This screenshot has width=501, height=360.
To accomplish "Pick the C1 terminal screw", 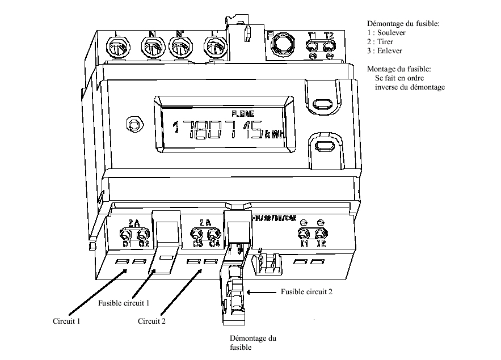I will tap(126, 234).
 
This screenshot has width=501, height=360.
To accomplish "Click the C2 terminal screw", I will tap(142, 234).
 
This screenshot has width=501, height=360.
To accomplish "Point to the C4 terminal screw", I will tap(213, 234).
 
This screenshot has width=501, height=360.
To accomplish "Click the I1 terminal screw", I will tap(305, 234).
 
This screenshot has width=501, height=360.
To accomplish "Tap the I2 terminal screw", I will tap(321, 234).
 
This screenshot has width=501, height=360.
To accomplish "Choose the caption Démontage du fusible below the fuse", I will tap(253, 343).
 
